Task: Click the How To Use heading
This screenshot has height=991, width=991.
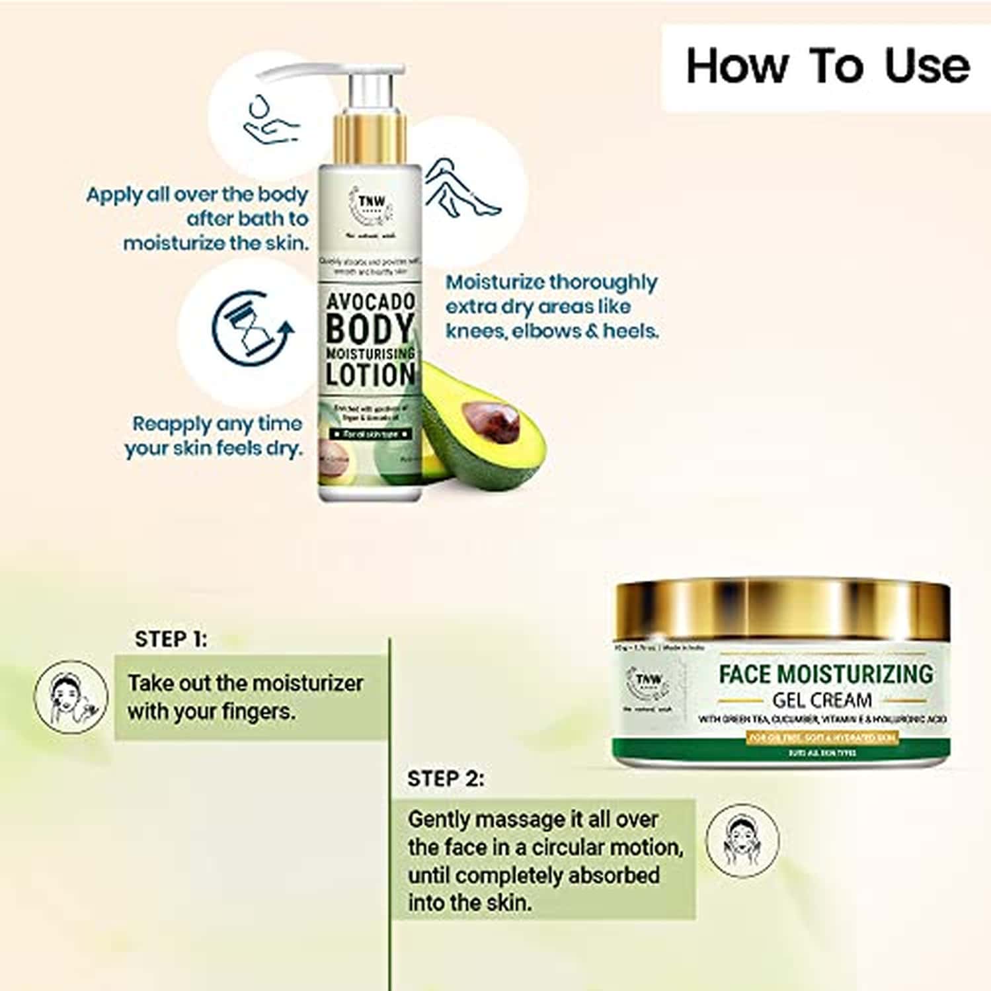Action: [827, 67]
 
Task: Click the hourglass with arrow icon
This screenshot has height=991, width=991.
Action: [251, 328]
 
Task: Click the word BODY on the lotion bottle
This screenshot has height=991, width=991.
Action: [370, 329]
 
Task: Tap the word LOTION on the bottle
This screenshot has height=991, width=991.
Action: [370, 375]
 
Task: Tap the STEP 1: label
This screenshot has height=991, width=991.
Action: [171, 639]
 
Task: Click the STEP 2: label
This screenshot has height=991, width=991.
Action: [446, 779]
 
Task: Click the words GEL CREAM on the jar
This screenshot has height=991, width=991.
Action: [822, 699]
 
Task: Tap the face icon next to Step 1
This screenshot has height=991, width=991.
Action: [71, 696]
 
